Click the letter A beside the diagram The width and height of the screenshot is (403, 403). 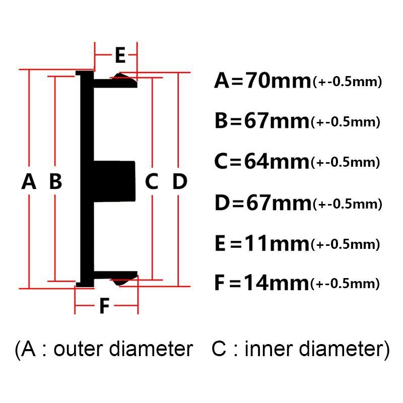pos(29,181)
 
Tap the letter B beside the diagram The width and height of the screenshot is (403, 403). pos(55,181)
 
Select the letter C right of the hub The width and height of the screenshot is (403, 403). pos(152,181)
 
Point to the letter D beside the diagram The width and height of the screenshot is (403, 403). pos(180,181)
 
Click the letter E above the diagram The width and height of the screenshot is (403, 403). pos(120,55)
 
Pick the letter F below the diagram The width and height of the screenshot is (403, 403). pos(105,306)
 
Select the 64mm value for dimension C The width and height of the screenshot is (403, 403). pos(277,161)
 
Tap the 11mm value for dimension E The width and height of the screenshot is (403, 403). pos(277,243)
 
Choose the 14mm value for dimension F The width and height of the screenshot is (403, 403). pos(276,283)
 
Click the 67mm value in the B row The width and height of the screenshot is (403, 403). pos(277,120)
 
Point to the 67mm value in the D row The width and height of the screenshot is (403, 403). pos(279,203)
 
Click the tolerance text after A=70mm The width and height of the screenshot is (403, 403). pos(347,82)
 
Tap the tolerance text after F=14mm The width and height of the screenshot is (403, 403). pos(345,284)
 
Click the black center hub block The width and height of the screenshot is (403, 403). pos(114,181)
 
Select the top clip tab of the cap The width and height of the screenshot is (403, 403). pos(116,81)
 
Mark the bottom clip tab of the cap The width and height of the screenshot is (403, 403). pos(116,278)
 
